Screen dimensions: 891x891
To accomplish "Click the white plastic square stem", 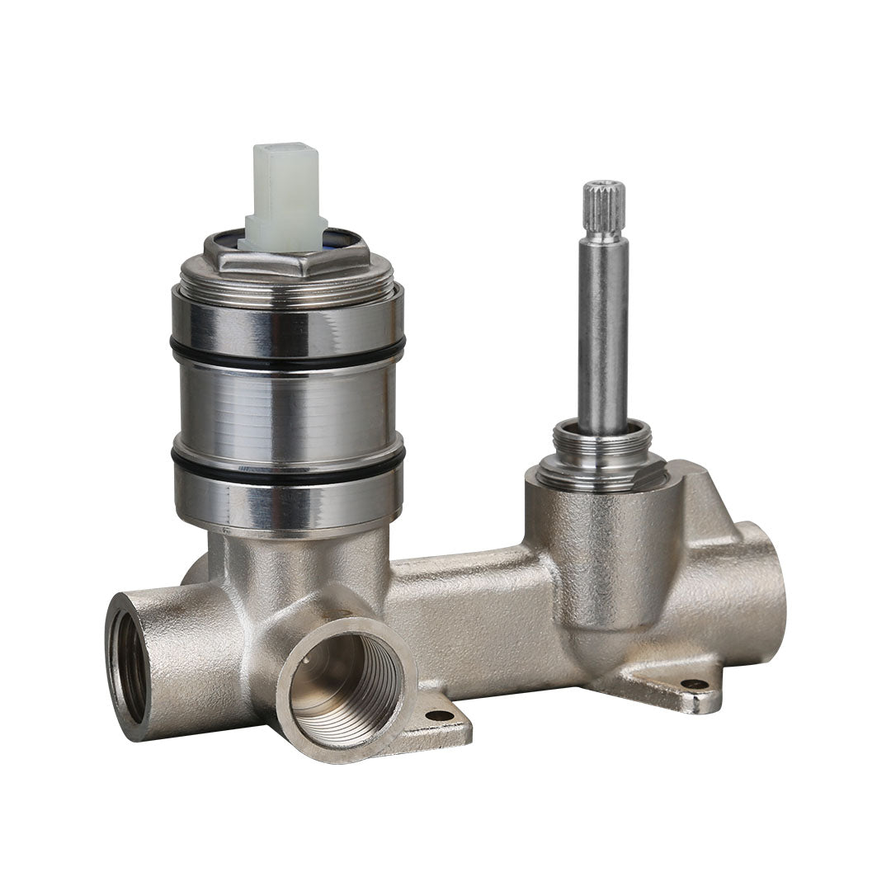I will click(x=285, y=194).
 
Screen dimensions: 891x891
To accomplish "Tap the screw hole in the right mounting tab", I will click(x=694, y=684).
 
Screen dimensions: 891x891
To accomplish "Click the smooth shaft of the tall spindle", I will click(x=602, y=330).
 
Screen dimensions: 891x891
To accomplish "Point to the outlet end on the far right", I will click(x=763, y=586).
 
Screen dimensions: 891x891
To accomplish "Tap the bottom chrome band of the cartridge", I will click(x=288, y=504).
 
